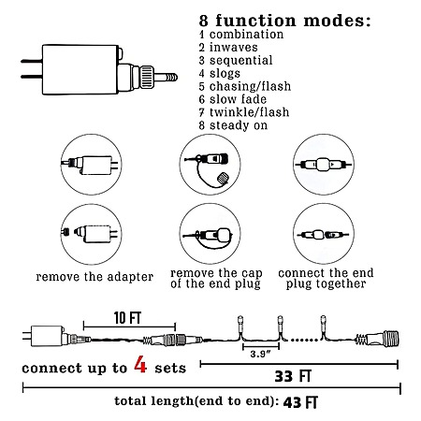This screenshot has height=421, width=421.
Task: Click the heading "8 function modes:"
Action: point(285,21)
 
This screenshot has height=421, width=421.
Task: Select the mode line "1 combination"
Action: point(241,35)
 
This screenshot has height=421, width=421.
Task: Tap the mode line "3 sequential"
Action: point(236,60)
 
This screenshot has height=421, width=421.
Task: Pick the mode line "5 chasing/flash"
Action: point(245,86)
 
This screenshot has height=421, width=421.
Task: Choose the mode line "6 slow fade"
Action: point(233,99)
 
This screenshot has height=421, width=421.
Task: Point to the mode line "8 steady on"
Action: point(233,125)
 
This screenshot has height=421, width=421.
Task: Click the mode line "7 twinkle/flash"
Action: point(244,112)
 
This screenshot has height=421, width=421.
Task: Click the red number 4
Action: point(140,365)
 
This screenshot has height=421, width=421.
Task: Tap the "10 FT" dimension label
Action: point(127,318)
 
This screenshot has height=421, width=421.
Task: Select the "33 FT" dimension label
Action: point(293,376)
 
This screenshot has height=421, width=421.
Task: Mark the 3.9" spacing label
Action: point(260,354)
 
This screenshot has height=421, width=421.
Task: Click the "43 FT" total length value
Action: point(300,402)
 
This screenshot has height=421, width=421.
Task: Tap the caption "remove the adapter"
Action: point(94,277)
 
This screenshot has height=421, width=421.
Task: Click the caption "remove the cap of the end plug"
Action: point(216,279)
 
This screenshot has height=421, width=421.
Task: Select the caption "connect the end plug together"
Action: point(326,279)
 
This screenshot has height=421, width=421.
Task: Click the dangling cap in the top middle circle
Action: point(223,178)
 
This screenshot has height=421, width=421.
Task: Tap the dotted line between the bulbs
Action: point(302,340)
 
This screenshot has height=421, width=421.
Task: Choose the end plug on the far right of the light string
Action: point(378,339)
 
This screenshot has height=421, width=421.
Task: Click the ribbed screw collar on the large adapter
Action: point(147,77)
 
